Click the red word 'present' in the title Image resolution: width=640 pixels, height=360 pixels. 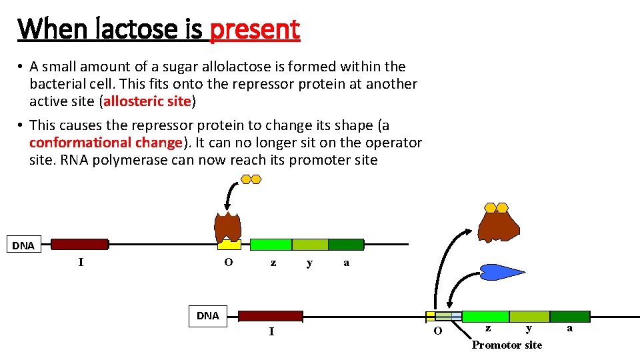coord(255,29)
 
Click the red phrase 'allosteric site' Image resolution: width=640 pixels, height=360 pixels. coord(147,102)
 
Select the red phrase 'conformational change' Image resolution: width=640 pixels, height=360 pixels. coord(106,143)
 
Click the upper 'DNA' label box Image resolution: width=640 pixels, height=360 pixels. coord(23,245)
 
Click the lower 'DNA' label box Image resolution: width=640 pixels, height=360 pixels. coord(208,316)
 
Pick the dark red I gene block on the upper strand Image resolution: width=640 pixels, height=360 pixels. coord(79,244)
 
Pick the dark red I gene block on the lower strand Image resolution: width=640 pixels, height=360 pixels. coord(270,316)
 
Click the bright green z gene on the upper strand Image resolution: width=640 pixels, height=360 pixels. coord(271,245)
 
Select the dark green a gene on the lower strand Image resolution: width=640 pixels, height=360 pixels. coord(569,316)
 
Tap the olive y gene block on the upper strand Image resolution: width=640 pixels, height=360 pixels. coord(310,245)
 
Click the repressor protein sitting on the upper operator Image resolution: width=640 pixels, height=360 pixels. coord(228,227)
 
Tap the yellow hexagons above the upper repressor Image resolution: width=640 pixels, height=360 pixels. coord(251,179)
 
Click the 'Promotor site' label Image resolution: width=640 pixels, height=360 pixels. coord(507,345)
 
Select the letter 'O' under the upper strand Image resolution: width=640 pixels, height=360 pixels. coord(228,263)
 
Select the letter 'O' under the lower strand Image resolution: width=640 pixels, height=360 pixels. coord(437,331)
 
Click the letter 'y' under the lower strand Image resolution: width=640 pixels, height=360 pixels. coord(529,329)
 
